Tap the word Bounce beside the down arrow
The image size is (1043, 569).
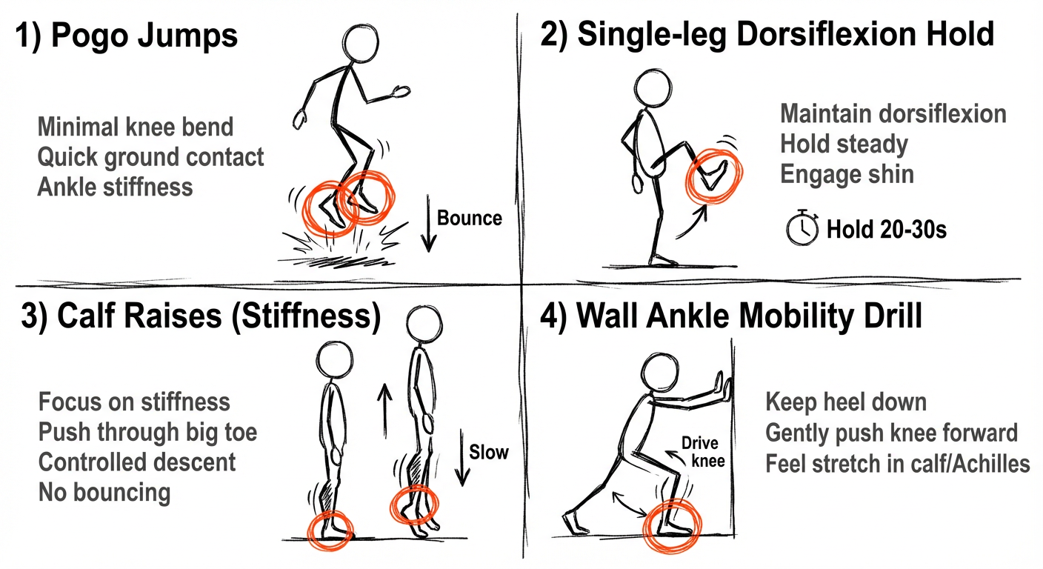click(470, 218)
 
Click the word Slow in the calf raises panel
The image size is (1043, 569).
click(488, 452)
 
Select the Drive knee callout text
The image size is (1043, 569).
click(703, 452)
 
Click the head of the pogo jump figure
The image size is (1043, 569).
click(361, 42)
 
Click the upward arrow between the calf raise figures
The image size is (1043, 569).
click(384, 410)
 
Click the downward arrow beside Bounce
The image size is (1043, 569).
click(428, 224)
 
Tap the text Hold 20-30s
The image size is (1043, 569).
click(887, 230)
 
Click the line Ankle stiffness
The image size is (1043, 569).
click(115, 187)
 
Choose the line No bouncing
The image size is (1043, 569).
click(104, 493)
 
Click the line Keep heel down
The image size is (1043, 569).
click(846, 402)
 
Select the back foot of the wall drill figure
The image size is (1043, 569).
click(575, 523)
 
